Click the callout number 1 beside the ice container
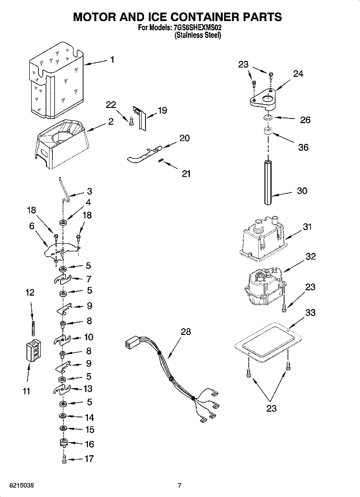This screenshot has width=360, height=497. click(x=112, y=60)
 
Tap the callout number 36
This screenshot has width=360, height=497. click(x=303, y=147)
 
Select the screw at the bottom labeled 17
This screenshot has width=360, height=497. click(x=63, y=459)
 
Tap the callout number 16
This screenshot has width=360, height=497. click(x=89, y=444)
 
